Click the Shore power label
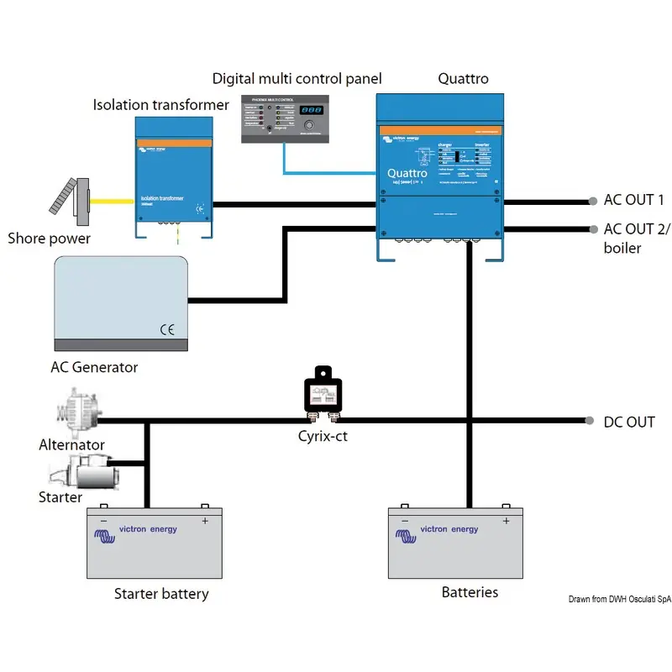click(x=49, y=239)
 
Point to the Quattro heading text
click(x=463, y=79)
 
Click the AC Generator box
click(x=120, y=303)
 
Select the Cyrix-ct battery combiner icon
click(x=323, y=391)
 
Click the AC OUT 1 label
click(x=634, y=200)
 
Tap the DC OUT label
click(x=629, y=422)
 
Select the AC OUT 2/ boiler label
click(x=634, y=238)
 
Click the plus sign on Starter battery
click(x=204, y=521)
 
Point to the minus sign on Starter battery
click(x=103, y=521)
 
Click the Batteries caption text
click(x=470, y=592)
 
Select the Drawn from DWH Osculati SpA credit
click(x=619, y=599)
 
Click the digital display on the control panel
click(x=311, y=110)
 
